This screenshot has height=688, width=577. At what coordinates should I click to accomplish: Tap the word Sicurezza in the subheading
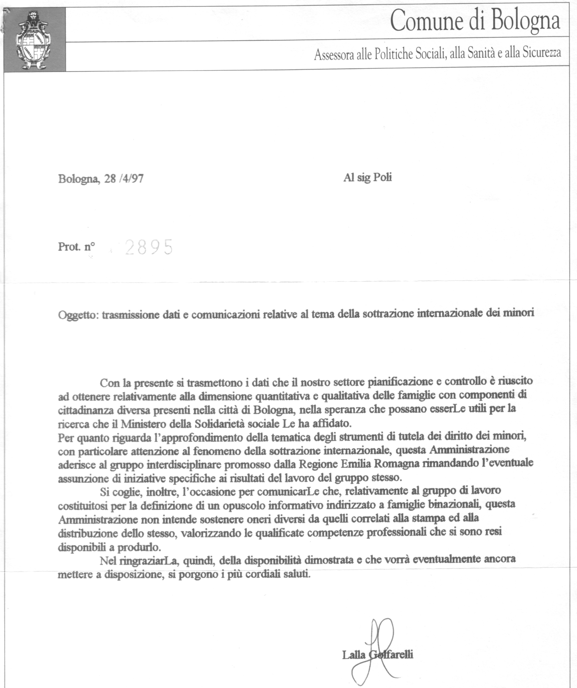[542, 53]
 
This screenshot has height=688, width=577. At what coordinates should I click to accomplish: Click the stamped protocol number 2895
[149, 247]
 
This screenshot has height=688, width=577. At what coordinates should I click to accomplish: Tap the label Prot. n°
[76, 246]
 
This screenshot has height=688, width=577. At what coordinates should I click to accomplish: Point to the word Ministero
[144, 424]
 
